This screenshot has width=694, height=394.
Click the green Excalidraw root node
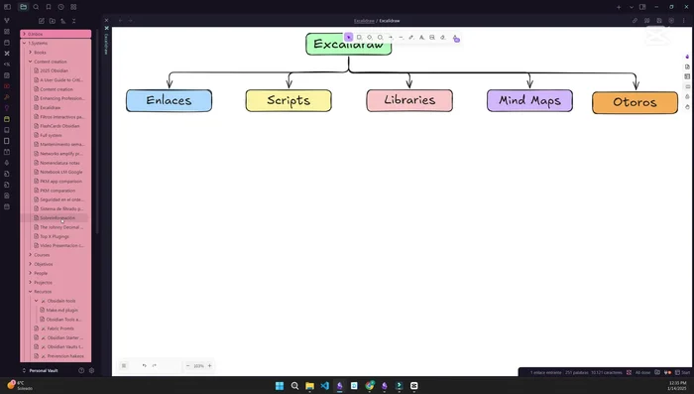[348, 44]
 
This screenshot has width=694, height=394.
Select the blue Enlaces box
[169, 100]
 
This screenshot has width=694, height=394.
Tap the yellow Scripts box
[289, 100]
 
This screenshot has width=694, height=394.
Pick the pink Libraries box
[409, 100]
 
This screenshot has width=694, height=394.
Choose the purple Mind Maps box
[529, 100]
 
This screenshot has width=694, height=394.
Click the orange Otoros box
[635, 102]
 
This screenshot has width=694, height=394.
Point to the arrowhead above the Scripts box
[289, 86]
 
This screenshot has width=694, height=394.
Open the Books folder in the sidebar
[41, 52]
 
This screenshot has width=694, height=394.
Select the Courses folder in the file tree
[42, 255]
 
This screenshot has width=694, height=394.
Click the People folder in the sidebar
[42, 273]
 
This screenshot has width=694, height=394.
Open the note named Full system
[51, 135]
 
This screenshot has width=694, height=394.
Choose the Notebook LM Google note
[60, 172]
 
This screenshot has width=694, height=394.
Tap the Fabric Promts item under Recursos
[61, 328]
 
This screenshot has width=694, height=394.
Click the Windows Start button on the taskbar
[280, 385]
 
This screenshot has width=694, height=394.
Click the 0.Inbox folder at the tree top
[37, 34]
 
